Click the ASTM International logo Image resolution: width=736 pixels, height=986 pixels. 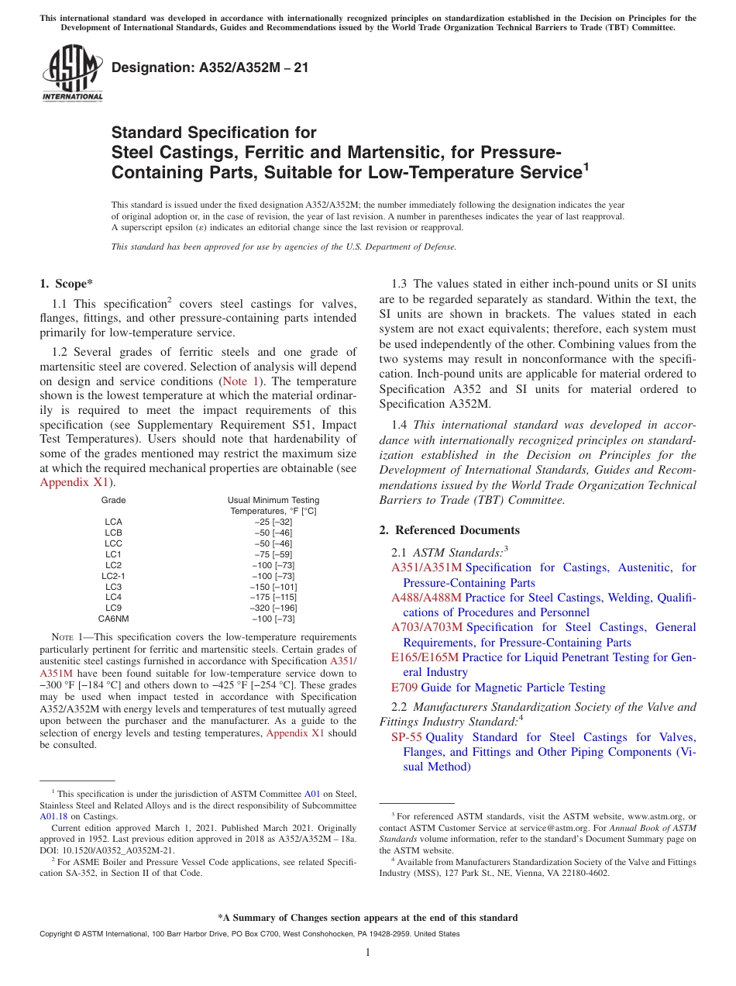(71, 73)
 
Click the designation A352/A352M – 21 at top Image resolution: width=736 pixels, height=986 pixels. (210, 68)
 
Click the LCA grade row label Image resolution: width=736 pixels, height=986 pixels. (113, 522)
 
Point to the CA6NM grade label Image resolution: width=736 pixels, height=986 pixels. (113, 619)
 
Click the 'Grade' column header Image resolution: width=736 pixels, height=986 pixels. (113, 500)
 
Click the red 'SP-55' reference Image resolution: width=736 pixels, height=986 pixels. (406, 737)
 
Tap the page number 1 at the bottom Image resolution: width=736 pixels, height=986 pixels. (368, 953)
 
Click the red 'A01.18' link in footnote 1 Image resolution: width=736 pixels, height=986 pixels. (53, 816)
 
